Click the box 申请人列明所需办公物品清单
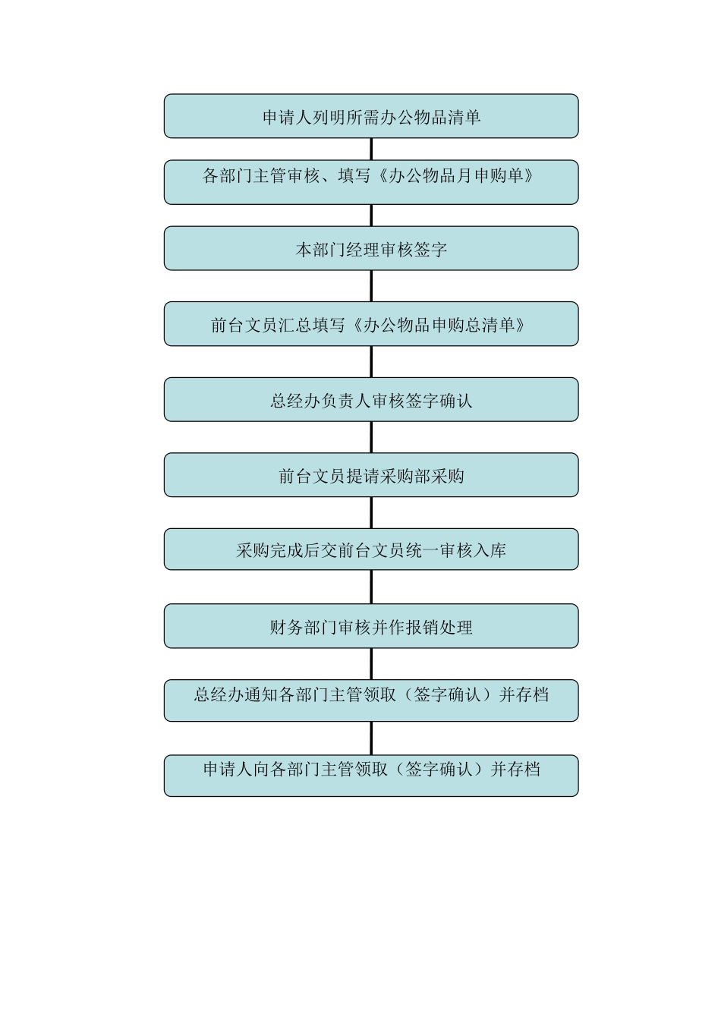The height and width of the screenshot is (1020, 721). pos(371,117)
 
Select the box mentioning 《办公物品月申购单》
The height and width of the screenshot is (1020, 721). pos(371,182)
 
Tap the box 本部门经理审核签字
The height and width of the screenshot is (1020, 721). pos(371,249)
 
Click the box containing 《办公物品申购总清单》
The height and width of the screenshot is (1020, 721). pos(371,325)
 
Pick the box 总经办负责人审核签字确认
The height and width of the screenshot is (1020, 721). pos(371,400)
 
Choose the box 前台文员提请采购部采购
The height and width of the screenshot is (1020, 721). pos(371,476)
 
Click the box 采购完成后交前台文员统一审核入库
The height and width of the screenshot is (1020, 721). pos(371,550)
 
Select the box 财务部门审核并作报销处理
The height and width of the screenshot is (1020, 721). pos(371,627)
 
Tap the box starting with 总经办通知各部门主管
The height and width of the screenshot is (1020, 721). pos(371,700)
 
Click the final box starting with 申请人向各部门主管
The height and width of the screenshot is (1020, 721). pos(371,776)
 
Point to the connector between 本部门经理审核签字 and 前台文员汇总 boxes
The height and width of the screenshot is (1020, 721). pos(371,286)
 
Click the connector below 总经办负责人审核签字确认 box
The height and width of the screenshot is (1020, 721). pos(371,437)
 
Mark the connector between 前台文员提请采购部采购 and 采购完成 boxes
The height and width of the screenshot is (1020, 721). pos(371,512)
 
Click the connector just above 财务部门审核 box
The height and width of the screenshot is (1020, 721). pos(371,587)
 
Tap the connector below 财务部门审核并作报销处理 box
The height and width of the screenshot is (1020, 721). pos(371,664)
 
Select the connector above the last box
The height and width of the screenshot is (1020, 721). pos(371,738)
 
